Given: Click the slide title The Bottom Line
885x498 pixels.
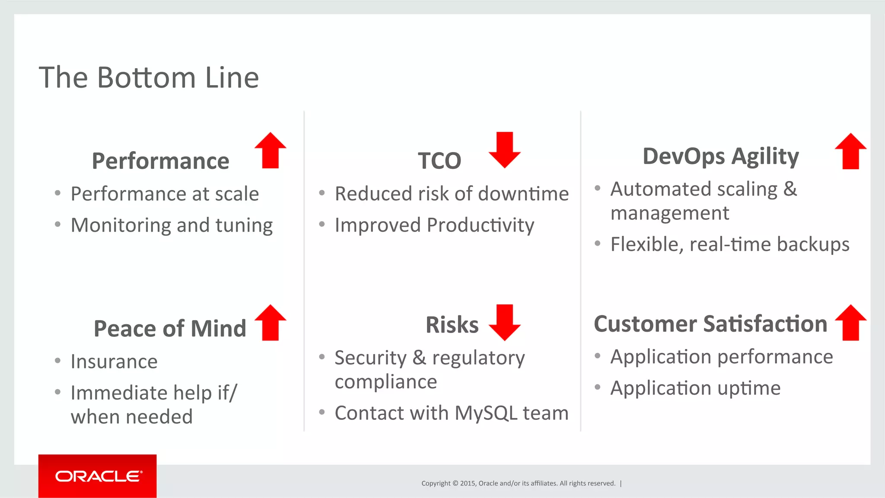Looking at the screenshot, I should [x=149, y=78].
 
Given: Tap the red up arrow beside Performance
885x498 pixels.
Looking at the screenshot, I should [x=271, y=151].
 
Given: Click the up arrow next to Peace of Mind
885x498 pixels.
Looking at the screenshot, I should [x=271, y=323].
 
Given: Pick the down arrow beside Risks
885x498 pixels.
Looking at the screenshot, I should [x=504, y=322].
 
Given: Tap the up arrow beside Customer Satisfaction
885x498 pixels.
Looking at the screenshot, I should [x=850, y=323].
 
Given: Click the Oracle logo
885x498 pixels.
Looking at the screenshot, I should [x=98, y=476].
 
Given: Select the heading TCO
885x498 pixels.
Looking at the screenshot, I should [x=439, y=161].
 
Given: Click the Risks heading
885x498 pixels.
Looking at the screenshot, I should [x=452, y=325].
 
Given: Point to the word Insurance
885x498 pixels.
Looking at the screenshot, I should [x=114, y=362].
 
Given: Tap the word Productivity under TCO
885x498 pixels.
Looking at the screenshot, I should [x=481, y=225].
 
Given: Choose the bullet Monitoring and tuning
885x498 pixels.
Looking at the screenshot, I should [x=172, y=225].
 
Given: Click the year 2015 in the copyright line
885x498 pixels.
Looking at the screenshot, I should [x=468, y=483].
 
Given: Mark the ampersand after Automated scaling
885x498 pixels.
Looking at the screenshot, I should [x=790, y=189].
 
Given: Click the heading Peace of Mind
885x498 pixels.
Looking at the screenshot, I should [x=170, y=329].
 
